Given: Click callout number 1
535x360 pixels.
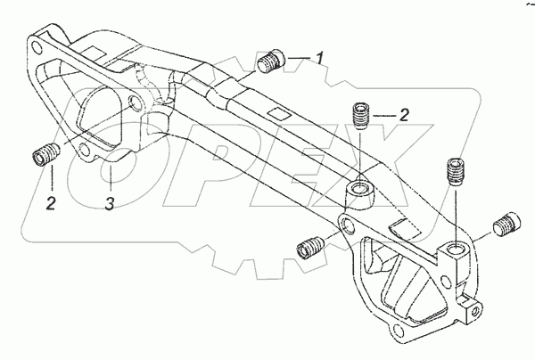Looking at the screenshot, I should point(317,59).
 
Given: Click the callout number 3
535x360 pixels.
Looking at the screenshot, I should point(109,204).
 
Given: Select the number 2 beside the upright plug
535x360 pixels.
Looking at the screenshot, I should point(403,114).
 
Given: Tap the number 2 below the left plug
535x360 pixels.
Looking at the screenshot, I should point(52,204).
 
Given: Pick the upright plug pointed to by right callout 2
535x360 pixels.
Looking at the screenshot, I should point(360,117).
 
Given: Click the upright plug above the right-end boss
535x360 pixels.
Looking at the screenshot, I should point(455,170).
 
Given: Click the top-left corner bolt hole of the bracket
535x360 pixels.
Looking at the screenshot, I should point(37,42).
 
